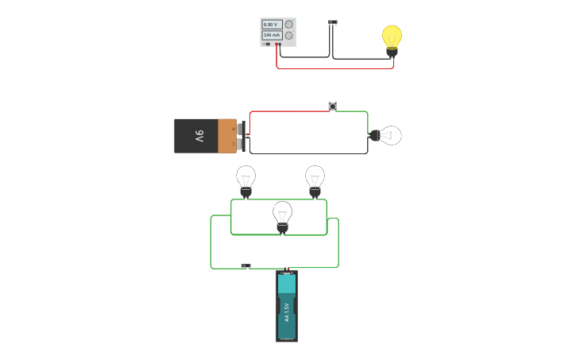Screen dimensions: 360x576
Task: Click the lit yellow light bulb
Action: click(392, 37)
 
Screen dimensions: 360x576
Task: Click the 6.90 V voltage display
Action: click(272, 25)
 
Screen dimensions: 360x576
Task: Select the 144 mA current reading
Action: click(272, 36)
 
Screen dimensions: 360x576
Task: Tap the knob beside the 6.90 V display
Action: click(288, 25)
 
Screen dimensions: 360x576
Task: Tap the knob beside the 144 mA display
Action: click(288, 36)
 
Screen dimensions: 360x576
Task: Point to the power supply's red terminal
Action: click(276, 45)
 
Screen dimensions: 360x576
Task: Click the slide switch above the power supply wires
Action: click(333, 22)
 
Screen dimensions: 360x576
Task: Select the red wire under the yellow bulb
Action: click(334, 68)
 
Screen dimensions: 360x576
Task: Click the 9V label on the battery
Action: click(199, 136)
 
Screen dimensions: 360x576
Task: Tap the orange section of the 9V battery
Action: click(227, 136)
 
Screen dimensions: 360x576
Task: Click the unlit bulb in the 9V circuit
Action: click(388, 135)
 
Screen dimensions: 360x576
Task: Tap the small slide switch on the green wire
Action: click(245, 266)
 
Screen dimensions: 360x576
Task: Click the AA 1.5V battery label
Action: click(287, 312)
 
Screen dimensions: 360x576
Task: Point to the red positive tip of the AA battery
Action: click(287, 273)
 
